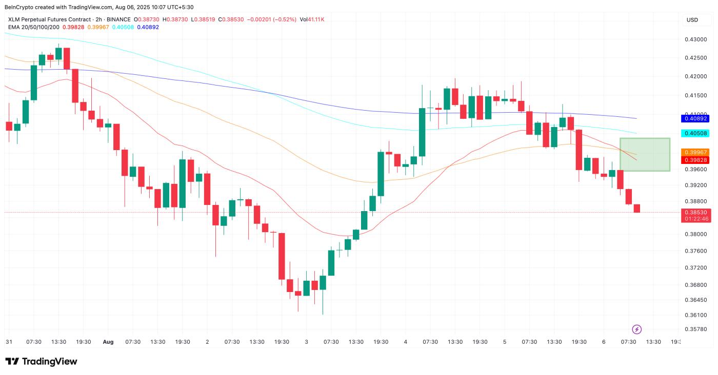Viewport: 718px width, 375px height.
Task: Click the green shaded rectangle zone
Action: pos(645,154)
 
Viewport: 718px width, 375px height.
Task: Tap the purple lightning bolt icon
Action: pos(636,329)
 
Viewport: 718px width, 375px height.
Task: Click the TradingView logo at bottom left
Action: pos(41,361)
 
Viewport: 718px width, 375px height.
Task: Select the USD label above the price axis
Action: pos(692,20)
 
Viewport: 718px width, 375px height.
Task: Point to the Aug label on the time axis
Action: pos(108,342)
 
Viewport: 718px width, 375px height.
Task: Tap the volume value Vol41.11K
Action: pos(312,19)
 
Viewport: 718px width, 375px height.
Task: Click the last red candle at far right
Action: pos(636,208)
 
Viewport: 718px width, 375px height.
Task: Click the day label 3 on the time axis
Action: pos(306,342)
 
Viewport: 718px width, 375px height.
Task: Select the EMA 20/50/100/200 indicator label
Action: pos(33,27)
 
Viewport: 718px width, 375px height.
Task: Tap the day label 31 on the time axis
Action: pos(9,342)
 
